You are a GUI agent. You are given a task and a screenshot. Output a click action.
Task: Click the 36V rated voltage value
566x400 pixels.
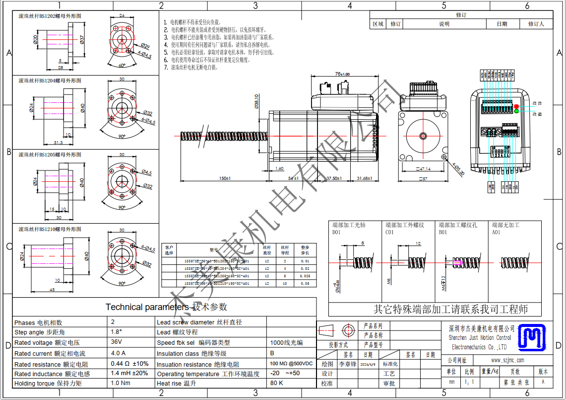[x=117, y=342]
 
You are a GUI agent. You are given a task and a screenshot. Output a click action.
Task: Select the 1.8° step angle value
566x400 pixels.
[x=117, y=332]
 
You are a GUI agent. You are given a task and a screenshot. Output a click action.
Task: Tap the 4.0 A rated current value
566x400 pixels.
[x=118, y=353]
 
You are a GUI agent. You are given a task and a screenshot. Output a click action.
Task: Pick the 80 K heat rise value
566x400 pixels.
[x=277, y=383]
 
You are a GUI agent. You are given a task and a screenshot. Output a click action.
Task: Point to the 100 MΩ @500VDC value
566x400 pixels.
[x=291, y=364]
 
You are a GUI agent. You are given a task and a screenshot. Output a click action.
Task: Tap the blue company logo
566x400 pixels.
[x=531, y=336]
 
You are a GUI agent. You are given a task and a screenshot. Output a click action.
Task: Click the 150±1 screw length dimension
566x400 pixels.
[x=225, y=178]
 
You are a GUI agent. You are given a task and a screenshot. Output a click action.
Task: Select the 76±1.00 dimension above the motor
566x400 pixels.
[x=342, y=74]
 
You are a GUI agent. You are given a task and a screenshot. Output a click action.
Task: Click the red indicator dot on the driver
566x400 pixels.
[x=516, y=106]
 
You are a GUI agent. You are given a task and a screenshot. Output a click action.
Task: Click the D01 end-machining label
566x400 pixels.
[x=337, y=232]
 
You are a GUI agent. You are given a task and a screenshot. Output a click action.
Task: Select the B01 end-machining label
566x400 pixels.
[x=442, y=232]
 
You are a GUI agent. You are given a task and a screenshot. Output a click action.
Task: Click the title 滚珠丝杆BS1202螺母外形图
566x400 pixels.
[x=50, y=16]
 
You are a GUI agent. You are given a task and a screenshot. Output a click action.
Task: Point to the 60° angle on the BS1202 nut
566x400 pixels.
[x=122, y=65]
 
